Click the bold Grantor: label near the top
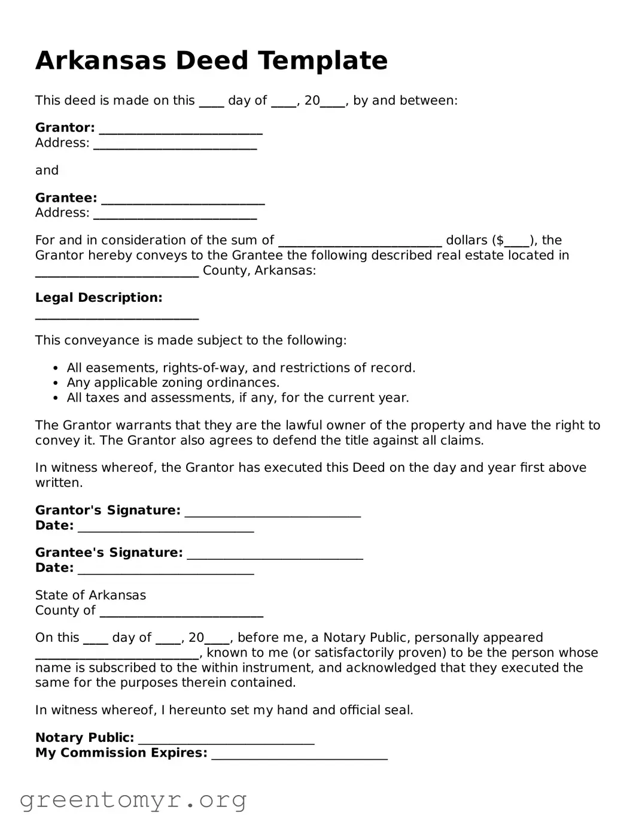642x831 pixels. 65,128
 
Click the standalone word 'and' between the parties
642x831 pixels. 47,171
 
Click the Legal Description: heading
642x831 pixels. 99,298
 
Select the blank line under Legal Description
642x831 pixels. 117,317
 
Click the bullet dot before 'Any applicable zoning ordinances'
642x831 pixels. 56,383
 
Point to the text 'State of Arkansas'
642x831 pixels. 90,595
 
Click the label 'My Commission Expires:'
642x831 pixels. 121,753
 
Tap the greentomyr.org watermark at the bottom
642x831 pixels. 133,800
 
